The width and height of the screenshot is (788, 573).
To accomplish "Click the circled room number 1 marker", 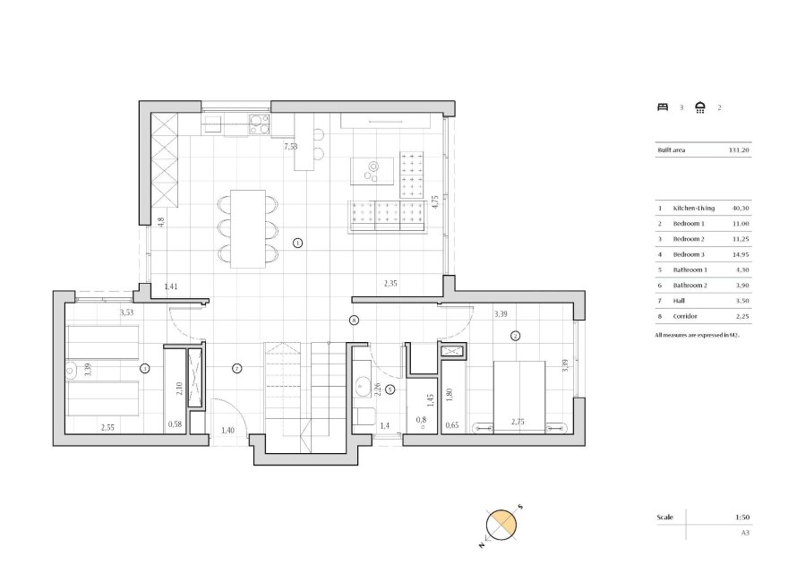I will [x=298, y=243].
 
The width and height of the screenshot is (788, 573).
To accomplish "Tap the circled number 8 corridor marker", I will [x=354, y=320].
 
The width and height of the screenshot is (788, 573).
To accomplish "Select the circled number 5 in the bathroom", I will [x=390, y=389].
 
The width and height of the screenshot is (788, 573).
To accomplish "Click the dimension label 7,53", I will [x=290, y=146].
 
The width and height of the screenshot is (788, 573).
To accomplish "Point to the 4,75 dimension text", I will [x=434, y=201].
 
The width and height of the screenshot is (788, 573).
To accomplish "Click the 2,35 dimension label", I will [x=390, y=284].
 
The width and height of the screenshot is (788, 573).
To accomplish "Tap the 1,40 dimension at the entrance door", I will [x=228, y=431].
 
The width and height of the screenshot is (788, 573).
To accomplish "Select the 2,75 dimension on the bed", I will [x=518, y=422].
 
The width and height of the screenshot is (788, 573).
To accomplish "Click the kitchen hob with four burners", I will [x=258, y=124].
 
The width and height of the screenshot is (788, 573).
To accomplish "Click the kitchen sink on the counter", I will [x=214, y=124].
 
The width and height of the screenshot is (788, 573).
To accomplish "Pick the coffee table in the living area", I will [x=370, y=167].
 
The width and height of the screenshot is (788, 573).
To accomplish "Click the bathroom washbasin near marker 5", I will [x=363, y=387].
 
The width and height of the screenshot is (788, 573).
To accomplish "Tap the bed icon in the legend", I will [x=664, y=107].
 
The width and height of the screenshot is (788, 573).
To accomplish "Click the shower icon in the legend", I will [x=700, y=107].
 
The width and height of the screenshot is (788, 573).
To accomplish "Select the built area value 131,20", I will [x=739, y=150].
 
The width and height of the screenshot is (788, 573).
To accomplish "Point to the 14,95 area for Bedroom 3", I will [x=741, y=255].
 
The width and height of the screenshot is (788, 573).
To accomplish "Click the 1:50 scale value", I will [x=742, y=517].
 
